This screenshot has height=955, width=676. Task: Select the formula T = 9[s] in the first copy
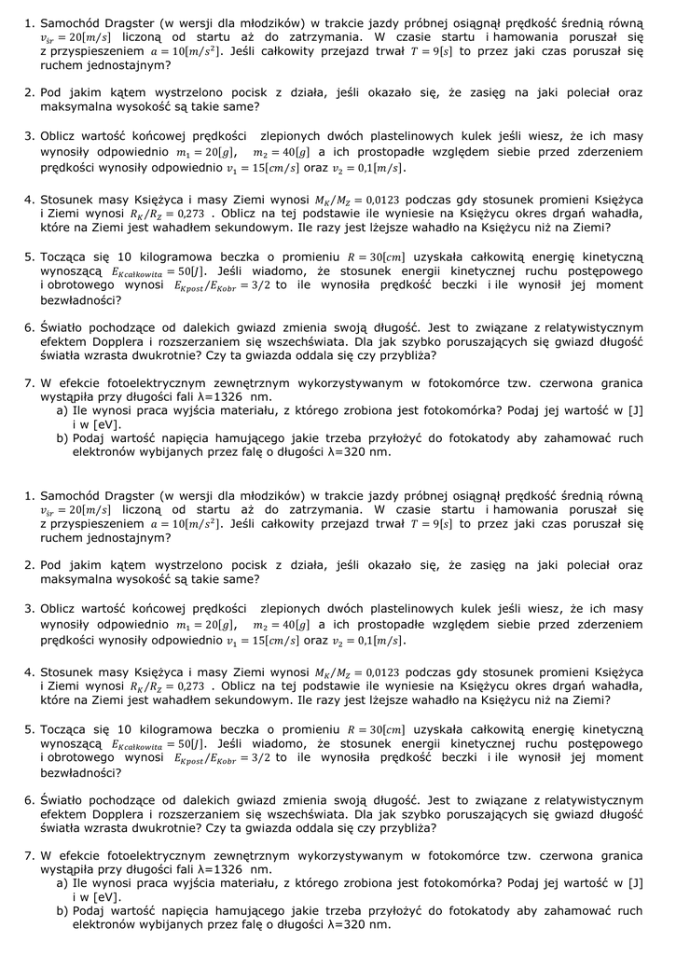tap(431, 52)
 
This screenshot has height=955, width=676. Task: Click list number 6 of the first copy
tap(29, 327)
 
